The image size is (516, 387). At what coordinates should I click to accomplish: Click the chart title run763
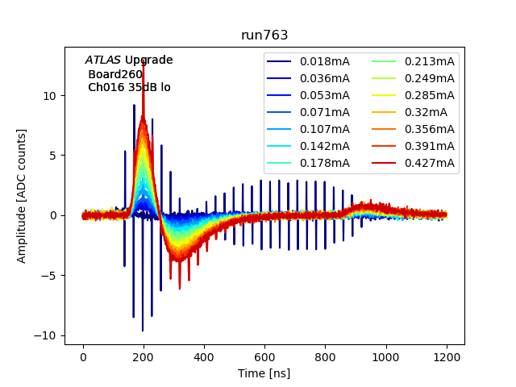coord(264,35)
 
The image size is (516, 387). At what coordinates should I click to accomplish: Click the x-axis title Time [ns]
coord(264,373)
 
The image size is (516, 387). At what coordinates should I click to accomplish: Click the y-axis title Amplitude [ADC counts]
coord(22,195)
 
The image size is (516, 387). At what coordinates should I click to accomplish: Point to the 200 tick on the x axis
coord(144,357)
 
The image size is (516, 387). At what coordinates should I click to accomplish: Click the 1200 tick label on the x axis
coord(447,357)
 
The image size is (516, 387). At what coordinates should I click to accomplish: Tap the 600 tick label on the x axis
coord(264,357)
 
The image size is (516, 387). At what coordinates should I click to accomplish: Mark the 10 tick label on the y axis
coord(50,95)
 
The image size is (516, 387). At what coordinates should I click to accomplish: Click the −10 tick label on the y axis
coord(47,335)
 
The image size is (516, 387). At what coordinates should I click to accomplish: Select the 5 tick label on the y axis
coord(53,156)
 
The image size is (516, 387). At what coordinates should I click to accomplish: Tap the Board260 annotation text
coord(115,74)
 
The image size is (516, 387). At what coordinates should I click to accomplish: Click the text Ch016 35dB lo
coord(129,87)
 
